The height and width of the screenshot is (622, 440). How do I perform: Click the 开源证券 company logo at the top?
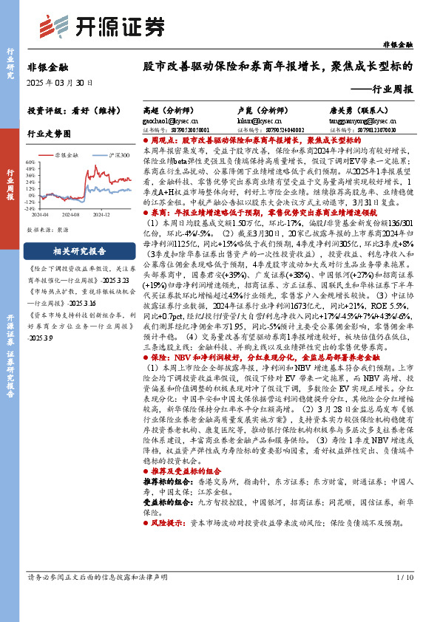click(94, 27)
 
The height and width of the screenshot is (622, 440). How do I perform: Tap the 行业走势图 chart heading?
click(49, 134)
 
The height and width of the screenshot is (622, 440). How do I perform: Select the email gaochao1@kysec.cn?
click(164, 119)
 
